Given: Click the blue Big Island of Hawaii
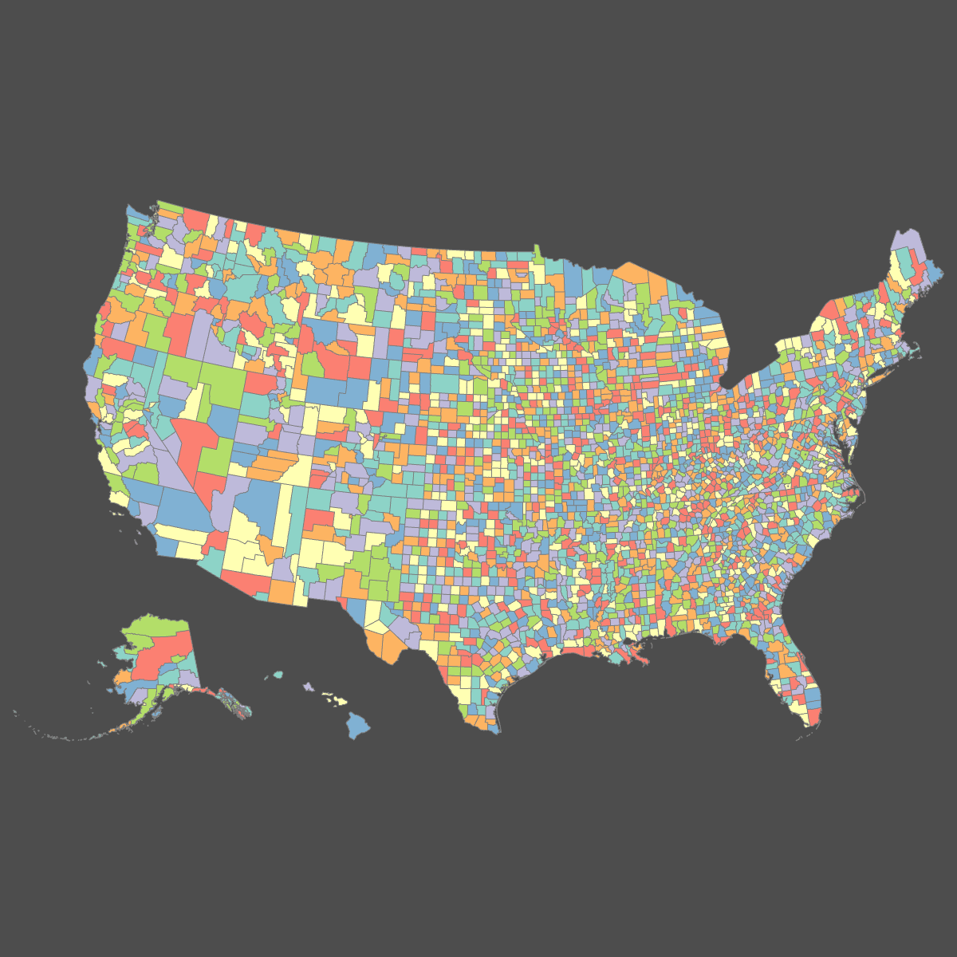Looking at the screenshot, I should (x=357, y=724).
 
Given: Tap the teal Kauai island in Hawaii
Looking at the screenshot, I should (x=278, y=675).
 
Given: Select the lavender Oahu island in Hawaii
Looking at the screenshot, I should (x=307, y=685).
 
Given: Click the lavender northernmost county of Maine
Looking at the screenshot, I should (x=905, y=241).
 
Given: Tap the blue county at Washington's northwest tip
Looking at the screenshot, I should (x=132, y=215).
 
